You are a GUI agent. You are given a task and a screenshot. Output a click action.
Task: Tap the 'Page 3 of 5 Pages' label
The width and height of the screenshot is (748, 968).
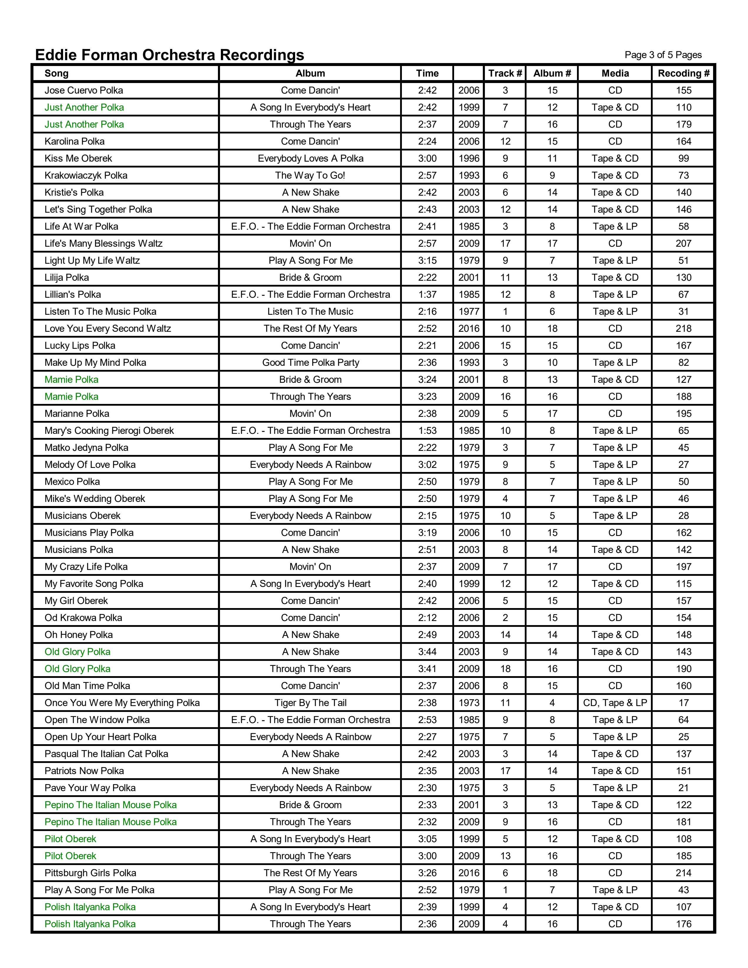(663, 55)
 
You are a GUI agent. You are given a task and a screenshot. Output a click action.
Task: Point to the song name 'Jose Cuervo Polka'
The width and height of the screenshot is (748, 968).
(84, 90)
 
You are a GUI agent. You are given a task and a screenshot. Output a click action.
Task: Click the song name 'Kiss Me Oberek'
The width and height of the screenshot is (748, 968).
(78, 159)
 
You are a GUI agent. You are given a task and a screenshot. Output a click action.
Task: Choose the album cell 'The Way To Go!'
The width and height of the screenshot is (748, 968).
(310, 175)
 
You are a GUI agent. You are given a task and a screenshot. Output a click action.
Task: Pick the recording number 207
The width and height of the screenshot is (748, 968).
(683, 244)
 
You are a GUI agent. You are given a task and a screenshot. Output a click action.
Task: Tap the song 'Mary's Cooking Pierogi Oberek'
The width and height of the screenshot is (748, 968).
(109, 431)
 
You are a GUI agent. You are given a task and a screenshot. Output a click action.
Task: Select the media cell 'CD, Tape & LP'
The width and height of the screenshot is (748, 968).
(615, 703)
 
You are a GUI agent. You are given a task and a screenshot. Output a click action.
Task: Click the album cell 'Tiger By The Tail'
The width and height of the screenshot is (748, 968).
(310, 703)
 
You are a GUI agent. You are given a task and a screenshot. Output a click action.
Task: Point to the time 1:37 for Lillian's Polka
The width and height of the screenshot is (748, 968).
(427, 295)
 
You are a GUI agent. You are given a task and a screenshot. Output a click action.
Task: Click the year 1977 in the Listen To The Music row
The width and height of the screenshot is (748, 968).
(468, 312)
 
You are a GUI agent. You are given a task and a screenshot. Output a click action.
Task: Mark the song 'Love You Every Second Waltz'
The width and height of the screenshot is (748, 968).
(108, 329)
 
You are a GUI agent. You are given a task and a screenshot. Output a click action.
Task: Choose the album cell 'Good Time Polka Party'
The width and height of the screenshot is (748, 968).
(310, 363)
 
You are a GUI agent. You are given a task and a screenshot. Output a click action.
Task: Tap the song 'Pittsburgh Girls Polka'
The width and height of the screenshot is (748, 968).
(90, 873)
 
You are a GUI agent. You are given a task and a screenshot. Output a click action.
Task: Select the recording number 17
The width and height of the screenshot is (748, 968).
(683, 703)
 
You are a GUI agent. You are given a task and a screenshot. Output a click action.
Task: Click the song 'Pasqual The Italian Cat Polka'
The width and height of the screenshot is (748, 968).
(106, 754)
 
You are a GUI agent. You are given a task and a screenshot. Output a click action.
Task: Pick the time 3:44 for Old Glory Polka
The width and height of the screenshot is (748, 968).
(427, 652)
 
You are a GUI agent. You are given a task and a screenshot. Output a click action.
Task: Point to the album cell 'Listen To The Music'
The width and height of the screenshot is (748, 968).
(310, 312)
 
